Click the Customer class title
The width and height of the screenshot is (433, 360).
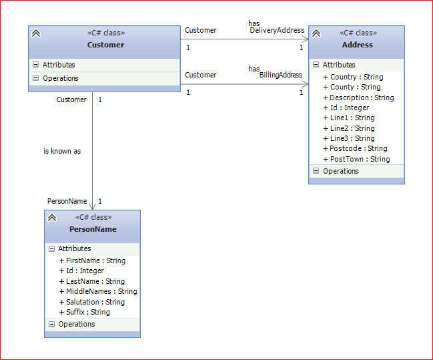pos(105,45)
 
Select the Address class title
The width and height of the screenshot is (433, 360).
pos(358,45)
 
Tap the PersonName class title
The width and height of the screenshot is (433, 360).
pos(93,229)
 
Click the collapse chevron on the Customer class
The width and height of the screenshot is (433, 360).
pos(36,33)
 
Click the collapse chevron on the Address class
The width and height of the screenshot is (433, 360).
pos(316,33)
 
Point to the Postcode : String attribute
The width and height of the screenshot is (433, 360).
pos(355,148)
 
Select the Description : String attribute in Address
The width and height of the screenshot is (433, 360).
pos(358,98)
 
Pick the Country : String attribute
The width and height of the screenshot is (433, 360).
pos(353,77)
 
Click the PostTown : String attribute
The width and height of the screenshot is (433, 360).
pos(356,159)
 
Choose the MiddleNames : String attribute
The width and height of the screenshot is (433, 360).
pos(98,291)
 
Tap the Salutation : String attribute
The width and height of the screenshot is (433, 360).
pos(92,302)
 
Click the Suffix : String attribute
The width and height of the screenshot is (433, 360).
pos(85,312)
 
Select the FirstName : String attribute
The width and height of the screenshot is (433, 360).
pos(92,260)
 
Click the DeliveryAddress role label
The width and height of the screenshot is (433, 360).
pos(277,30)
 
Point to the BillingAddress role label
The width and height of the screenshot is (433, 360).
pos(281,75)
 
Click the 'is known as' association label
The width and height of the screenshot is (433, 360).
pos(62,151)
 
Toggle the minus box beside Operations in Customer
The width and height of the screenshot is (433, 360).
pos(35,78)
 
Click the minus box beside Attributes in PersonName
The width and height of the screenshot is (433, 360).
pos(51,248)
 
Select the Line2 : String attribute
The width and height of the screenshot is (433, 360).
pos(349,128)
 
